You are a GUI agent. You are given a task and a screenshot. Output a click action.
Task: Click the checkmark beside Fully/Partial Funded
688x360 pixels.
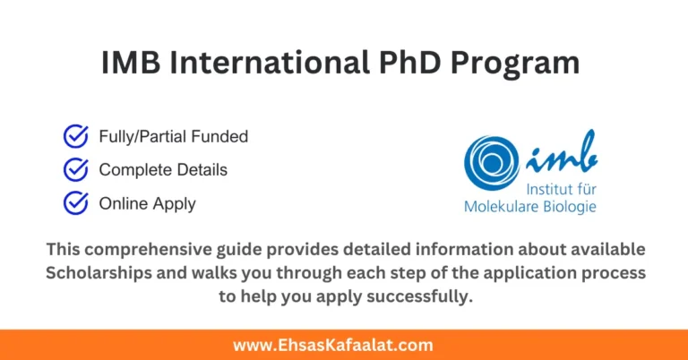click(x=75, y=136)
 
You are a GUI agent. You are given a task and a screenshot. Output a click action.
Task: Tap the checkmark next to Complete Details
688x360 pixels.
click(x=75, y=169)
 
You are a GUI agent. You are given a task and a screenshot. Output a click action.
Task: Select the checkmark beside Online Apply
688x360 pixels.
click(x=75, y=203)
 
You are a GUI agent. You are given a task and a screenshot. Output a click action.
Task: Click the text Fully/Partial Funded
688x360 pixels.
click(x=173, y=137)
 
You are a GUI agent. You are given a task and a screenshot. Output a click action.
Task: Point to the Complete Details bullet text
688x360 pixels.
click(x=163, y=170)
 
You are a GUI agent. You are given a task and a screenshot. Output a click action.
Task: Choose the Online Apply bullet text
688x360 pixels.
click(x=147, y=204)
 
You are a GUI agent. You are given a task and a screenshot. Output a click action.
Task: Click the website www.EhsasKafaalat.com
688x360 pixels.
click(x=344, y=344)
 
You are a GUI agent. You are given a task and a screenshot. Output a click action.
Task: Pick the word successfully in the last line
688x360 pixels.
click(x=417, y=296)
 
